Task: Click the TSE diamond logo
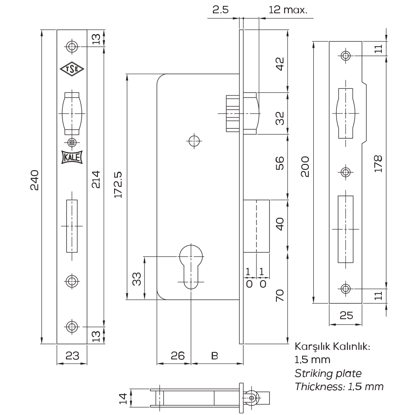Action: (x=72, y=69)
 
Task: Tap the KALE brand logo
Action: (x=72, y=157)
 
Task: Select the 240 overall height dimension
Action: (x=35, y=180)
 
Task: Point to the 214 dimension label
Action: (x=96, y=179)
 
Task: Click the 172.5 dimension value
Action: (x=118, y=185)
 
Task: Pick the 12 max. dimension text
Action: (x=288, y=10)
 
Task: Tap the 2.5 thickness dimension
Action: (x=220, y=10)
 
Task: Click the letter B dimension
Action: (x=215, y=356)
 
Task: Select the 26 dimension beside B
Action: (x=178, y=356)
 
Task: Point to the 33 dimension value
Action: (x=137, y=279)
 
